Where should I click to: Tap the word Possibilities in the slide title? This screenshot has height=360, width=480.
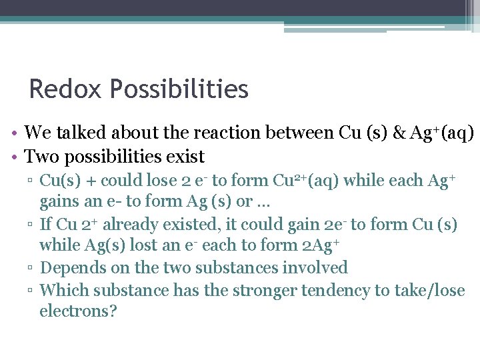point(179,89)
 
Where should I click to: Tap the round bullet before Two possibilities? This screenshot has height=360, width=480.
point(14,158)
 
